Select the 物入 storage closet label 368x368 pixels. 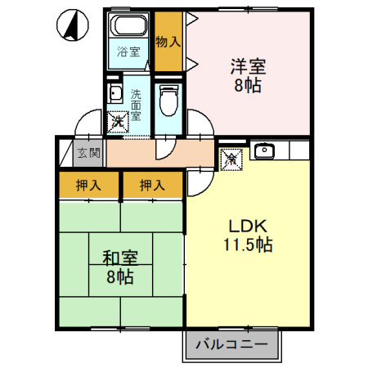[x=168, y=41]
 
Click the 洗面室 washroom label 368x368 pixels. [x=136, y=104]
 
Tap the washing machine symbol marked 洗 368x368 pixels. [x=118, y=121]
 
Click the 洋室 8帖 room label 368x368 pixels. [x=245, y=74]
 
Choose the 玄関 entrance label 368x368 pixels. [x=89, y=152]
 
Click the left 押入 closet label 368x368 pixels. [x=89, y=185]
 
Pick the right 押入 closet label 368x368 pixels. [x=152, y=185]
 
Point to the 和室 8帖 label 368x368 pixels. [x=120, y=267]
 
